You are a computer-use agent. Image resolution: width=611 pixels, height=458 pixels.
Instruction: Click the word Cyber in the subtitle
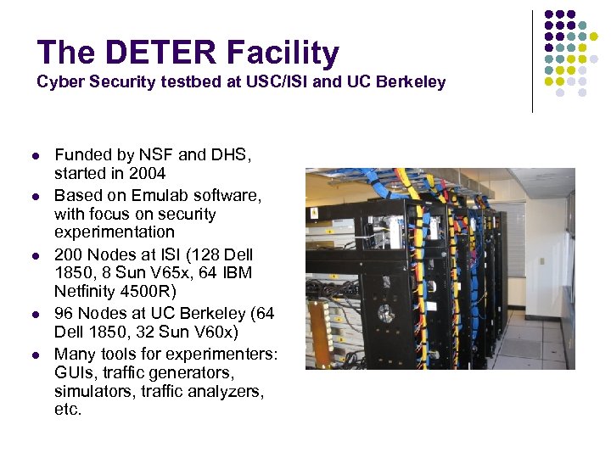point(56,82)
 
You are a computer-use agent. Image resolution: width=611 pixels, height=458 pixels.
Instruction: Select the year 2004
point(146,175)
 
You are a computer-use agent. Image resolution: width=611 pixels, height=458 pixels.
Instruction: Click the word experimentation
point(115,232)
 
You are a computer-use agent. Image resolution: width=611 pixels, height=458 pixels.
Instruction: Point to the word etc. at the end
point(68,411)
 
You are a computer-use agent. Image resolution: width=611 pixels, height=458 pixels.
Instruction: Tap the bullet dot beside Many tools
point(36,354)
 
